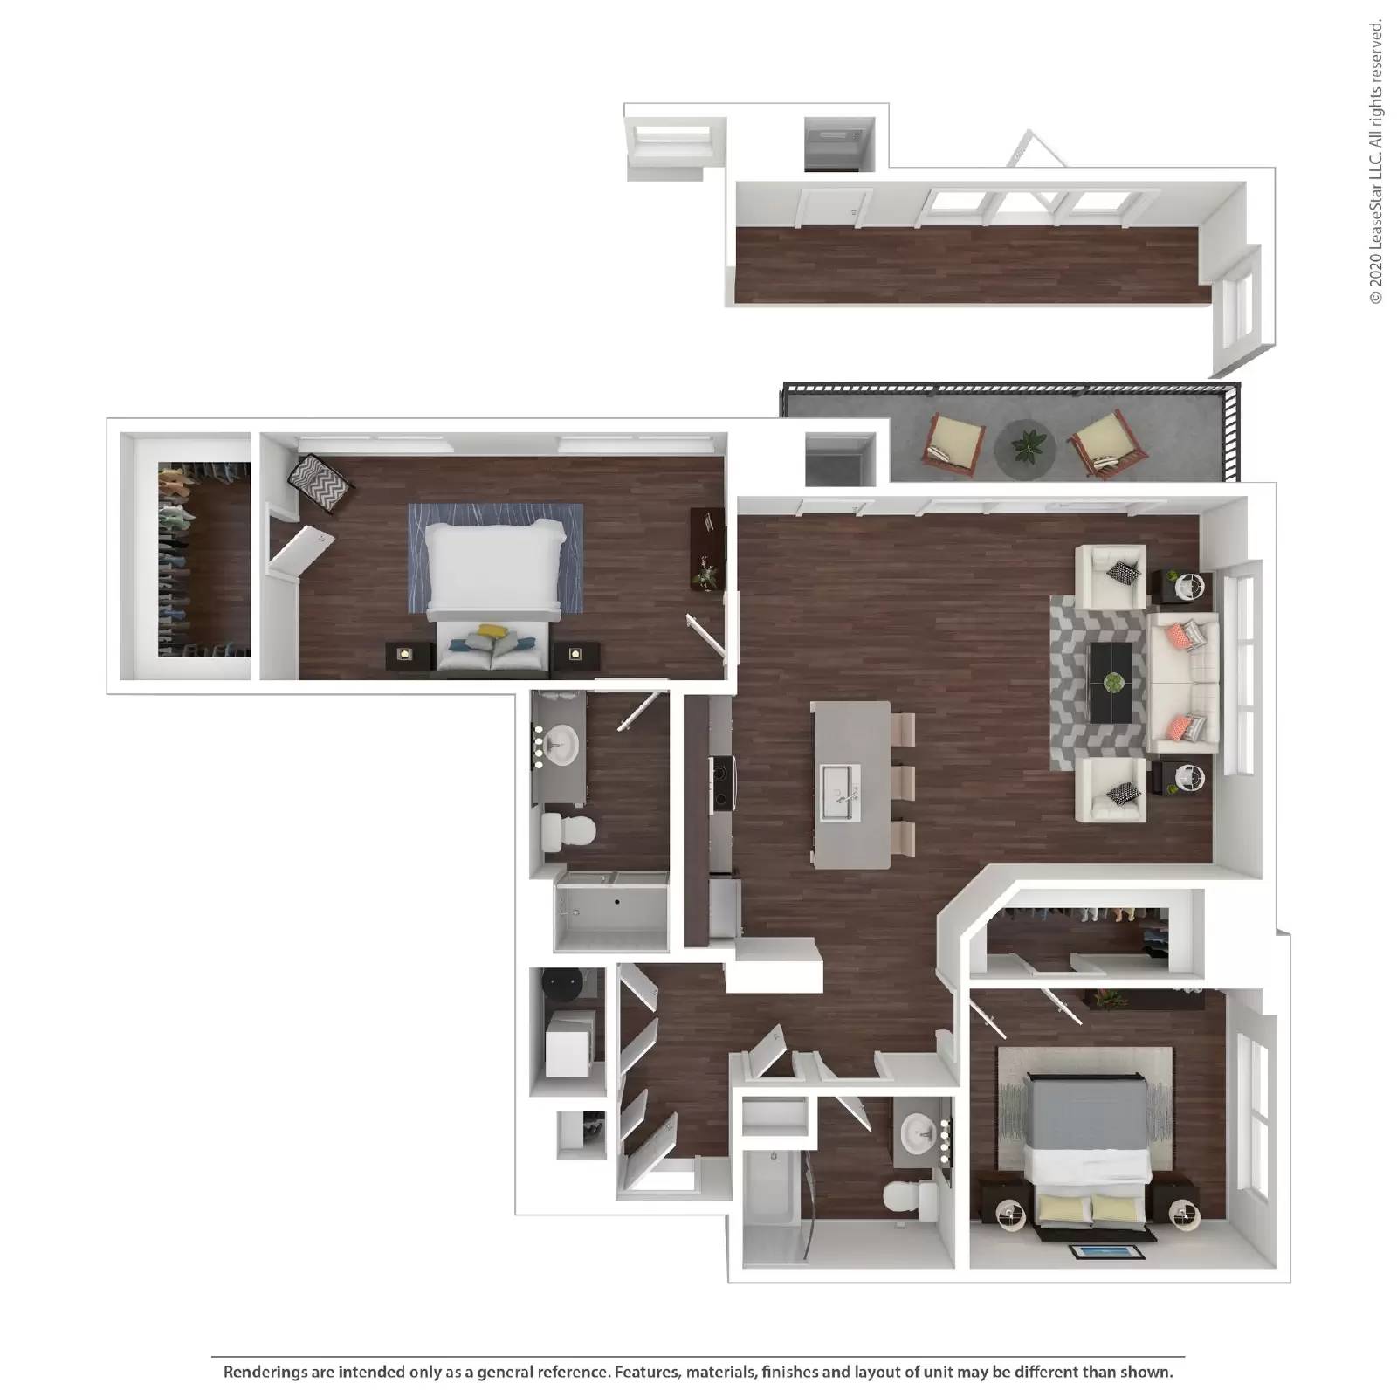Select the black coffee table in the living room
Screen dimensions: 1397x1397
click(1111, 682)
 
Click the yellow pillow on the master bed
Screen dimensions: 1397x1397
click(492, 630)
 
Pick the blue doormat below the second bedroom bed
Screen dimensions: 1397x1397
click(1107, 1252)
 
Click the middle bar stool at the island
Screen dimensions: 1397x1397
click(902, 781)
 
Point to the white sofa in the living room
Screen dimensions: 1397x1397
click(1182, 682)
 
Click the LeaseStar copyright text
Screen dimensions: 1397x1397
click(1377, 162)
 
